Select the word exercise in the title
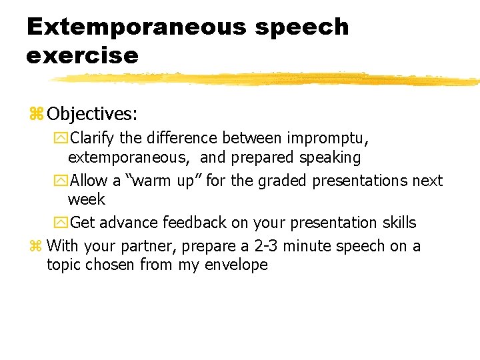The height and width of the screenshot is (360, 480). (x=82, y=55)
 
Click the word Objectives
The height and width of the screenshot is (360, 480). (x=92, y=114)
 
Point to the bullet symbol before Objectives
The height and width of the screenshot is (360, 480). (x=35, y=115)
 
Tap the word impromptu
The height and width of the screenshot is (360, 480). (x=327, y=139)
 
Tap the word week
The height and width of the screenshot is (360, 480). (x=87, y=199)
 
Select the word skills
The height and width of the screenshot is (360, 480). (x=399, y=223)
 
